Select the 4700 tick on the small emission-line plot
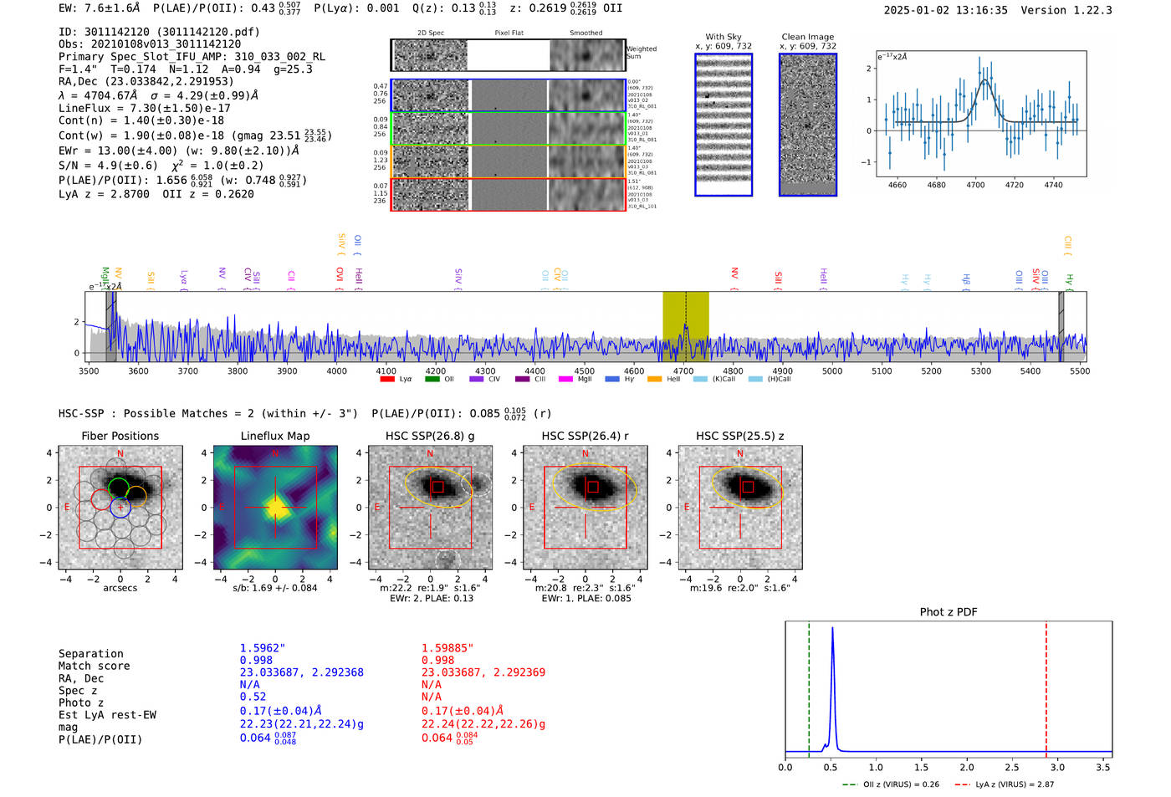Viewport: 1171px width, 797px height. [x=975, y=184]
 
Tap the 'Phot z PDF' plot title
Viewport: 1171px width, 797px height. [x=949, y=612]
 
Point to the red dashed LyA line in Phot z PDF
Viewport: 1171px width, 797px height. [x=1046, y=686]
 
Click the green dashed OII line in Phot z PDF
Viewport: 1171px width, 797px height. [x=809, y=686]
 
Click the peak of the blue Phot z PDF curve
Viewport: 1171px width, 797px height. [x=832, y=628]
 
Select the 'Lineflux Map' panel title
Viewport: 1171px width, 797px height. [x=275, y=436]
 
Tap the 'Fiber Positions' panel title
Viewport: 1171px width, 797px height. [x=120, y=436]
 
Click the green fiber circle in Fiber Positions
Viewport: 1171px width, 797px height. [x=118, y=488]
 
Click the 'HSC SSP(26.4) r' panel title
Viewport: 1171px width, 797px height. [x=585, y=436]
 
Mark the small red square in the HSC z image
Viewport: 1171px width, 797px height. [x=748, y=487]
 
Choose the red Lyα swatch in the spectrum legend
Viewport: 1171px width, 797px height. [x=387, y=380]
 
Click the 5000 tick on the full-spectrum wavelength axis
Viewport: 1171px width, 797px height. [x=832, y=370]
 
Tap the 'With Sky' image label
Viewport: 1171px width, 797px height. [x=724, y=37]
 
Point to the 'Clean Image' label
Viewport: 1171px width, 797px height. [x=807, y=37]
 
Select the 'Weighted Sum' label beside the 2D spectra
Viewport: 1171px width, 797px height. [x=642, y=53]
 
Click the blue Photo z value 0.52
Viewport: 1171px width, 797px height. [x=253, y=697]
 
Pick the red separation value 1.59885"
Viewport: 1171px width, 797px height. [x=447, y=648]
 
